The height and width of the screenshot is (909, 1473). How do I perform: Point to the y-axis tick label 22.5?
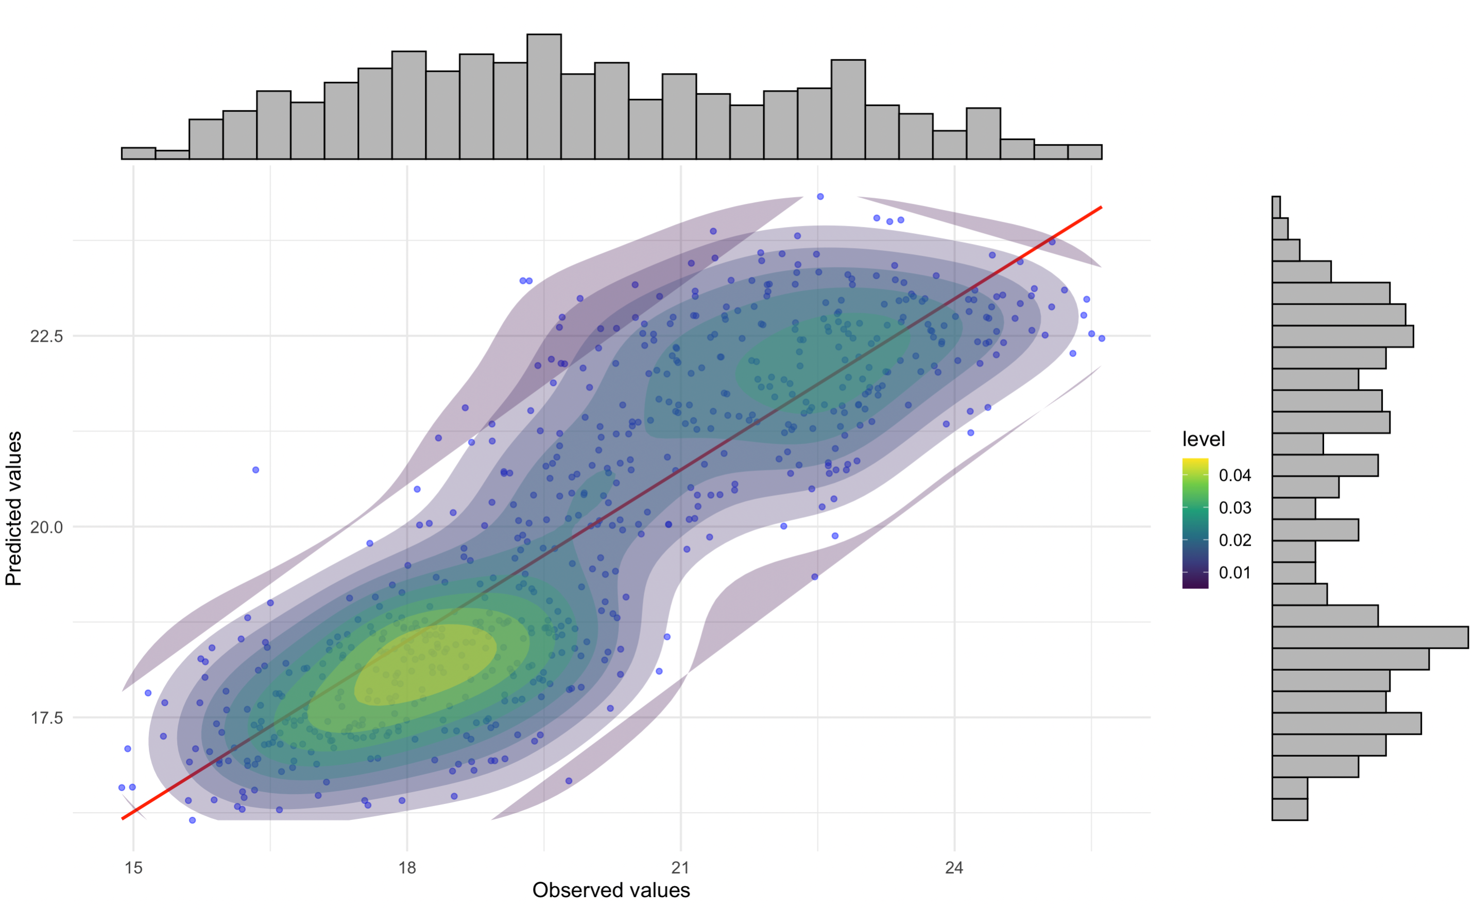click(46, 336)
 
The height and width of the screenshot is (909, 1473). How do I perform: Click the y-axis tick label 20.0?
click(46, 527)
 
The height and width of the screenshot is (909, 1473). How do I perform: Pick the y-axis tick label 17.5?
click(46, 718)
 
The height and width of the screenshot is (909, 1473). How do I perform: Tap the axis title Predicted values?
click(13, 509)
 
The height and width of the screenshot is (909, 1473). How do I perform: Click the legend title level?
click(1203, 440)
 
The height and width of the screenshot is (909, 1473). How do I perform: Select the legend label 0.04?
click(1234, 476)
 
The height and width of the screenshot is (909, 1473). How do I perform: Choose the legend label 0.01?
click(1234, 573)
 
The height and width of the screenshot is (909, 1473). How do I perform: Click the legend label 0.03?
click(1234, 508)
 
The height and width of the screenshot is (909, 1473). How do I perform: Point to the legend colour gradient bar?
click(1194, 523)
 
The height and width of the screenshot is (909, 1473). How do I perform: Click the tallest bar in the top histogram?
click(544, 96)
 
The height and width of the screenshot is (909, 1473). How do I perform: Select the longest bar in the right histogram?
click(1369, 637)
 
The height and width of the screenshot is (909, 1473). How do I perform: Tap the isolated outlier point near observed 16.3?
click(255, 470)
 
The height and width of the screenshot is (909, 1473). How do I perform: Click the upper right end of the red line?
click(1100, 207)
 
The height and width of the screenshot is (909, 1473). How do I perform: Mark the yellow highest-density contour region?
click(424, 665)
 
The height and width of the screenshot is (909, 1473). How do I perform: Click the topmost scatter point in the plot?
click(820, 197)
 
